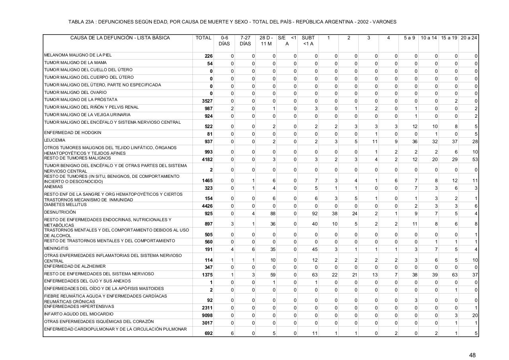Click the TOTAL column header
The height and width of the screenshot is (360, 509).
click(x=203, y=38)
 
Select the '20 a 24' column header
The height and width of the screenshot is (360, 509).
click(x=469, y=38)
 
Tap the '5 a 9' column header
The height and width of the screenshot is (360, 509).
click(x=409, y=38)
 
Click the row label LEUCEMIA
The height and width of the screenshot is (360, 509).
click(x=55, y=140)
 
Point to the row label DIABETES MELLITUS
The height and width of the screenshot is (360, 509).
click(x=65, y=205)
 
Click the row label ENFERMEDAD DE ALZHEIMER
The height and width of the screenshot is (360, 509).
click(x=75, y=266)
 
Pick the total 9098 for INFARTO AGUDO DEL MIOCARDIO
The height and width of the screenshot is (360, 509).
click(x=207, y=315)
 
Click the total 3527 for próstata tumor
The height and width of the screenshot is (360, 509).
click(x=207, y=101)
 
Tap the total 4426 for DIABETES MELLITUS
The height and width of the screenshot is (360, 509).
click(x=207, y=206)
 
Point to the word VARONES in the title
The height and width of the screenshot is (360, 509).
click(x=384, y=22)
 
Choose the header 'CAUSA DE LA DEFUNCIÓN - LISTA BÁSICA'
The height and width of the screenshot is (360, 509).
click(x=120, y=38)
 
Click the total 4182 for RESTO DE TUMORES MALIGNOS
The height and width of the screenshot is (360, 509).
click(x=207, y=160)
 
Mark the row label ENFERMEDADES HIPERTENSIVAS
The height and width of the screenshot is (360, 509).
click(x=79, y=307)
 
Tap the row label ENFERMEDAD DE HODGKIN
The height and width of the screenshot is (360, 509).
click(x=73, y=132)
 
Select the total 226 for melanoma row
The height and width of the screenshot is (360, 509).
click(x=208, y=56)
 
